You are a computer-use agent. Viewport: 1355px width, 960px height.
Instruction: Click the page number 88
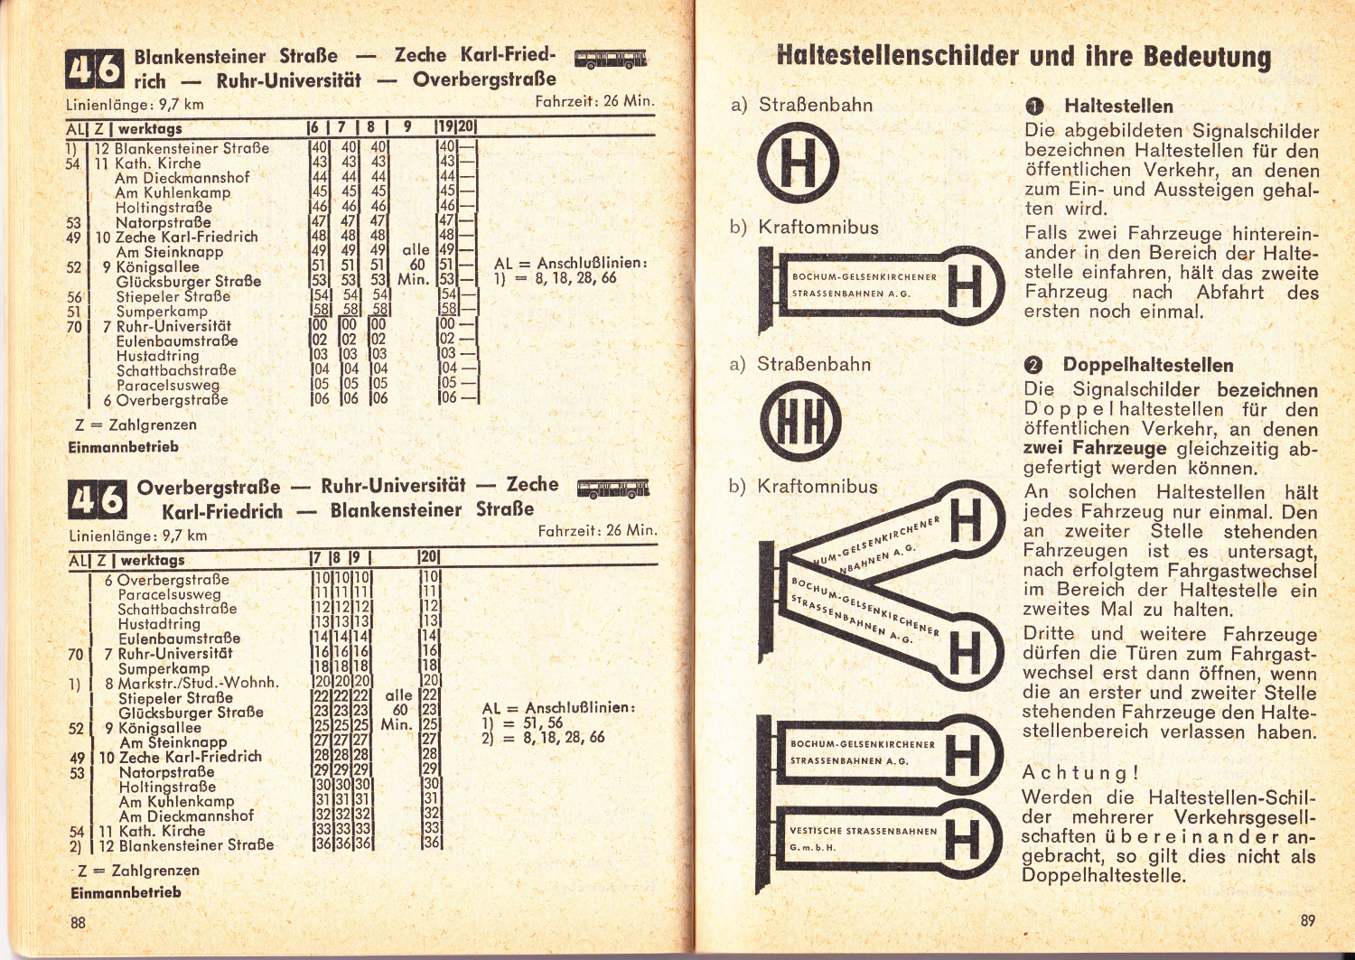79,922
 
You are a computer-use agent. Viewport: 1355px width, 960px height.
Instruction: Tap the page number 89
1307,920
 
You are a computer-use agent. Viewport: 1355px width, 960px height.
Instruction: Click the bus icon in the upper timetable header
611,60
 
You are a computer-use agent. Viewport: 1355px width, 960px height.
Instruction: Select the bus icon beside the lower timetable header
612,489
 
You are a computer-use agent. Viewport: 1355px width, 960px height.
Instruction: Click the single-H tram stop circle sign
797,163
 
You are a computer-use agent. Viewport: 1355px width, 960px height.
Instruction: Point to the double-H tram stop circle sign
799,423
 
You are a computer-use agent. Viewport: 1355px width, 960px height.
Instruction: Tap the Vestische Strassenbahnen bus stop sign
879,839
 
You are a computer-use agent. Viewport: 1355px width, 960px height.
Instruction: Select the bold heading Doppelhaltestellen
1147,365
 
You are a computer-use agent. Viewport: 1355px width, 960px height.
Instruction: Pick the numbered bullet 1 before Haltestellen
1034,107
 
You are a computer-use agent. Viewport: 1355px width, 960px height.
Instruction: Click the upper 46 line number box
95,70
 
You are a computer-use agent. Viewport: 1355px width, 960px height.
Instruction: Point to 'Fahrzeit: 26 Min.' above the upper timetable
594,100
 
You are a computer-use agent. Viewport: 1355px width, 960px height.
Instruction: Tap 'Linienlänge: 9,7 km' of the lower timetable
137,536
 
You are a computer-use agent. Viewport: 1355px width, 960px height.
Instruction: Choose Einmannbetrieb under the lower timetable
126,892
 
